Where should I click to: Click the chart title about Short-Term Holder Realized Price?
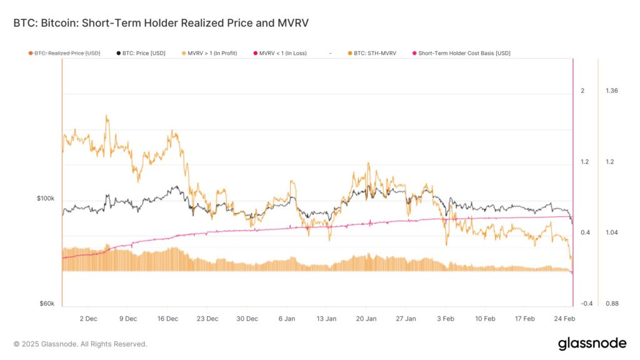161,23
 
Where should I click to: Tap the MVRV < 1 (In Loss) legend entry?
282,53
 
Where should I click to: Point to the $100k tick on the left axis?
46,198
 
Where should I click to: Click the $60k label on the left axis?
47,304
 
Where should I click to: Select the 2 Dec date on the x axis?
88,319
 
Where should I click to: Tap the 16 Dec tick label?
167,319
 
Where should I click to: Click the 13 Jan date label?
326,319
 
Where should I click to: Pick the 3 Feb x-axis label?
446,319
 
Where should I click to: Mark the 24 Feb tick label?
564,319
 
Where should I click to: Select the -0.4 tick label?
586,304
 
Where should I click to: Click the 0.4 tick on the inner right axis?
585,232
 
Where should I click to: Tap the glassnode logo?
591,343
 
